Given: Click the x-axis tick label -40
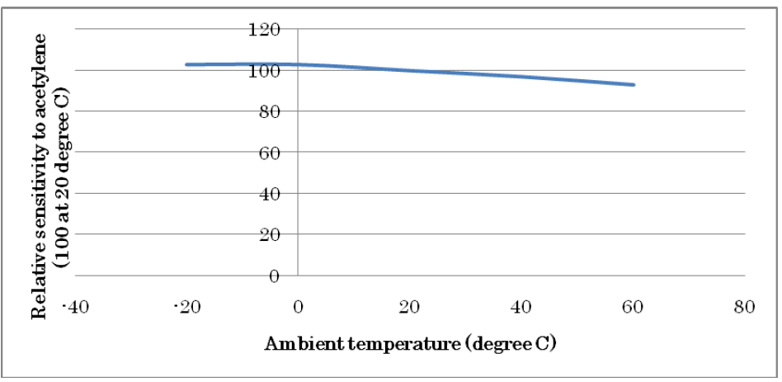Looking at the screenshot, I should click(75, 308).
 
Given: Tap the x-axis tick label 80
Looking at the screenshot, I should click(744, 308).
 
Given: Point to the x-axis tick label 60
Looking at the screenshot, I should click(633, 308).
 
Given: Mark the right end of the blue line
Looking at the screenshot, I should click(634, 84).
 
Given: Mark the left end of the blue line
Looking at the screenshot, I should click(186, 64).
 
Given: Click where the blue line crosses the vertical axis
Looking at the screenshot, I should click(298, 64).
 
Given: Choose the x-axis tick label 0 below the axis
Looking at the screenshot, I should click(298, 308).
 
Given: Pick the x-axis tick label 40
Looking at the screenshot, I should click(521, 308).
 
